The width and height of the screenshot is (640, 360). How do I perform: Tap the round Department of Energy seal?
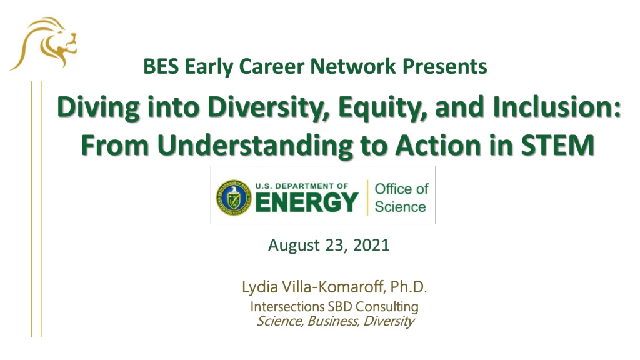pos(234,197)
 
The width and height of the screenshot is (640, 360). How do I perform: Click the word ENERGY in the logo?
pos(307,202)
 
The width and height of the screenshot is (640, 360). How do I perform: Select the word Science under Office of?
pos(401,207)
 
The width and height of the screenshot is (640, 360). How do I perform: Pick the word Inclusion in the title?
pos(557,107)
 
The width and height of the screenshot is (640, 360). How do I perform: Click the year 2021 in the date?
pos(371,245)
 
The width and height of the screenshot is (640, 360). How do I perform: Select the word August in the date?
pos(294,246)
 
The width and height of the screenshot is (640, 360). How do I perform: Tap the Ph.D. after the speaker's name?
pos(409,286)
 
